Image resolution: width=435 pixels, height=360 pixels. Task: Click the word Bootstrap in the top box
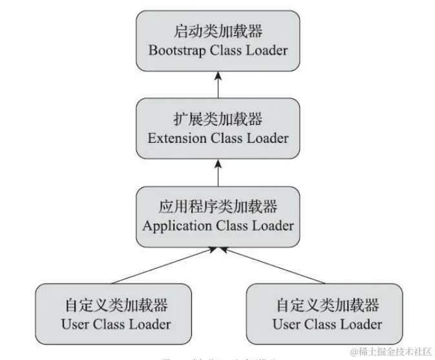pos(177,51)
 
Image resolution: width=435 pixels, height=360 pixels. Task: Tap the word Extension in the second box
pos(175,138)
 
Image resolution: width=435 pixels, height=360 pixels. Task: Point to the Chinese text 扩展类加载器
pos(218,120)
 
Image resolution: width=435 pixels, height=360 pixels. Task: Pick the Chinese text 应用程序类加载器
pos(218,207)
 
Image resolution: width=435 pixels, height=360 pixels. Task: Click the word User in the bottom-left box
pos(75,324)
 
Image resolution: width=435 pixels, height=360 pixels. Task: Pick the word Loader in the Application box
pos(272,226)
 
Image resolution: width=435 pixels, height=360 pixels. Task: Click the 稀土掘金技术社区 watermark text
pos(395,352)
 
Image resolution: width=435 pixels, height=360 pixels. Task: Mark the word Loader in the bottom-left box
pos(149,324)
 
